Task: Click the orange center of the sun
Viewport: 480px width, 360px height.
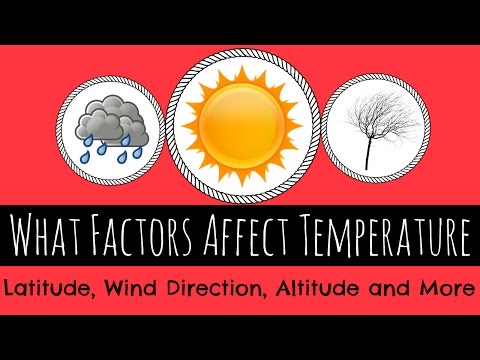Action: point(240,121)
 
